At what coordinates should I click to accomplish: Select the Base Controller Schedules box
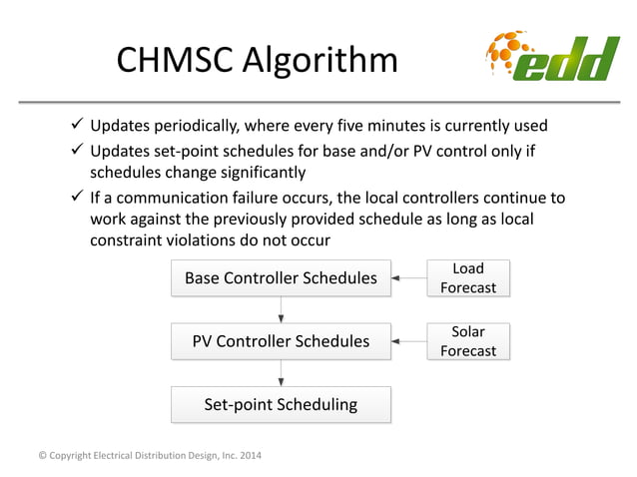[x=281, y=278]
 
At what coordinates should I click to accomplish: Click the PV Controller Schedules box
[x=281, y=341]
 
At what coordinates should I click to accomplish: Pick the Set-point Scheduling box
[x=281, y=404]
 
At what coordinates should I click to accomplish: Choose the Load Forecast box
[x=468, y=278]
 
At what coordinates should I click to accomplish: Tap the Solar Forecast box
[x=468, y=341]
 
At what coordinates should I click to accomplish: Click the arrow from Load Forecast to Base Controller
[x=408, y=278]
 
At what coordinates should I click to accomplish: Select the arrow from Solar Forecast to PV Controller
[x=408, y=341]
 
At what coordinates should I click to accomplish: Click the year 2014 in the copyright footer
[x=249, y=456]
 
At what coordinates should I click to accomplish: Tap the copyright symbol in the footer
[x=41, y=456]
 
